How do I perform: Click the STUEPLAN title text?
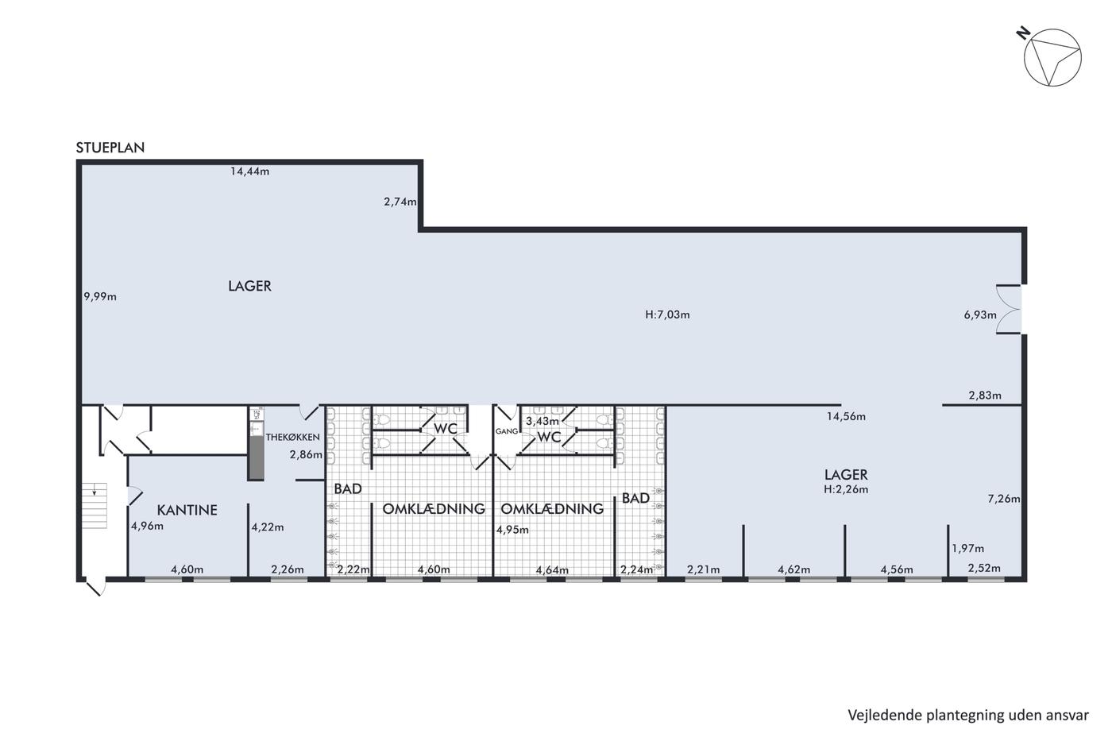[x=110, y=148]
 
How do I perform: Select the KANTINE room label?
[x=187, y=510]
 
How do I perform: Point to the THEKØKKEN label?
[x=292, y=438]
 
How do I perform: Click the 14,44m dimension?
[x=249, y=172]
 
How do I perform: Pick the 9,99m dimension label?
[x=100, y=297]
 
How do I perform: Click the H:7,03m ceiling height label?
[x=667, y=315]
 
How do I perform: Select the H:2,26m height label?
[x=846, y=489]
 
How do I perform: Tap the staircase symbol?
[x=95, y=505]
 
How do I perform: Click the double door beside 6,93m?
[x=1009, y=309]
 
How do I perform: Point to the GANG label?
[x=507, y=431]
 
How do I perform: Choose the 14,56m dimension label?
[x=846, y=417]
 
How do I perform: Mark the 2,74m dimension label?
[x=400, y=202]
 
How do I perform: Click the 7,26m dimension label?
[x=1004, y=499]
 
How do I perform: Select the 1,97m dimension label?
[x=967, y=549]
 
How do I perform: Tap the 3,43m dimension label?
[x=542, y=422]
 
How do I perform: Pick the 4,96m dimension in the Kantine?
[x=147, y=526]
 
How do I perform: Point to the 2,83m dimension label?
[x=985, y=396]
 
